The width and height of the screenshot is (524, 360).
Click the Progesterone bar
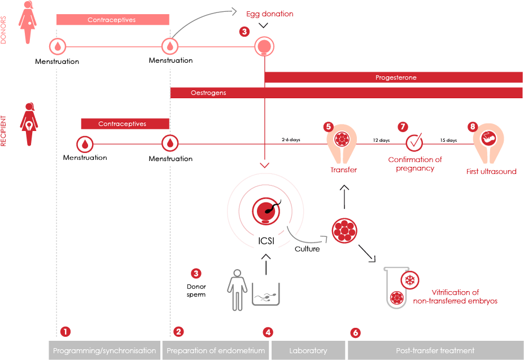pyautogui.click(x=395, y=78)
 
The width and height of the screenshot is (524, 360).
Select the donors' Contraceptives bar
pyautogui.click(x=112, y=20)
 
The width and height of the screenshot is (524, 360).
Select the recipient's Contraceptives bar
pyautogui.click(x=124, y=124)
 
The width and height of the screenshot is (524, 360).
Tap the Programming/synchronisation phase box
pyautogui.click(x=104, y=350)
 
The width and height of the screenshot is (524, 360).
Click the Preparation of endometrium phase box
pyautogui.click(x=216, y=350)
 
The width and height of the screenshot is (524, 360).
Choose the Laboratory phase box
pyautogui.click(x=308, y=350)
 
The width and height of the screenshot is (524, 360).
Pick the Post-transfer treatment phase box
pyautogui.click(x=435, y=350)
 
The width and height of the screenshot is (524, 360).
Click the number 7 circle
pyautogui.click(x=403, y=127)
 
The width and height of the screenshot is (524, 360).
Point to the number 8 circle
pyautogui.click(x=473, y=127)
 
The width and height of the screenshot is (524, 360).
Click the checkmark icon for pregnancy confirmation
pyautogui.click(x=415, y=142)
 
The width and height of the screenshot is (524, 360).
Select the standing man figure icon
pyautogui.click(x=237, y=289)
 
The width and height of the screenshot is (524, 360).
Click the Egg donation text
pyautogui.click(x=270, y=14)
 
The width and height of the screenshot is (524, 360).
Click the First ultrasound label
pyautogui.click(x=491, y=171)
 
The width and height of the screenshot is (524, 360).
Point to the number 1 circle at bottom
pyautogui.click(x=66, y=332)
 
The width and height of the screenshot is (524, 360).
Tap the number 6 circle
pyautogui.click(x=355, y=333)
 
